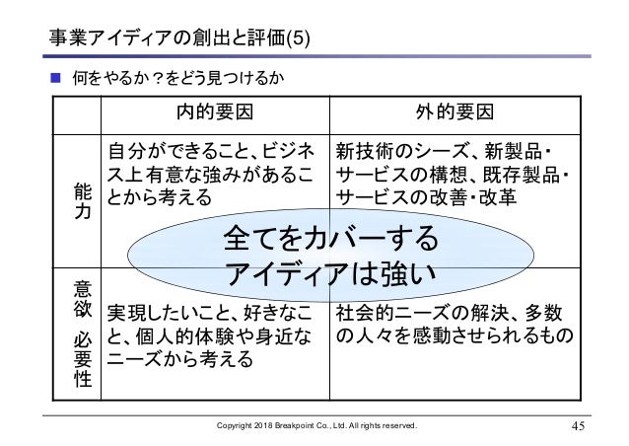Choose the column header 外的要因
[456, 111]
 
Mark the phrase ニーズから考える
[179, 360]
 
